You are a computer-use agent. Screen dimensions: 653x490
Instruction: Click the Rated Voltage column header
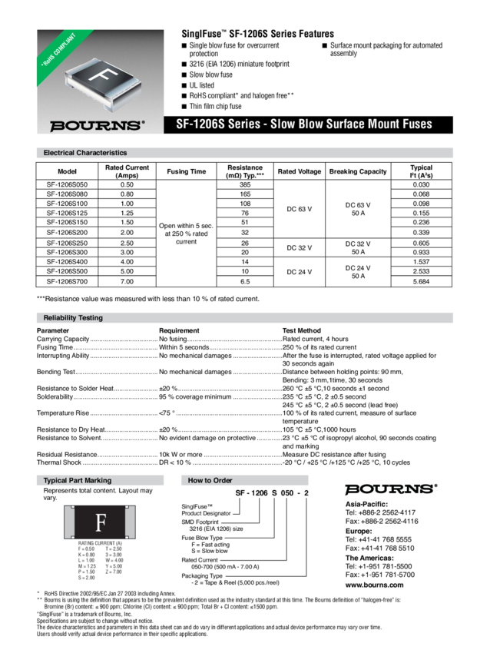point(300,171)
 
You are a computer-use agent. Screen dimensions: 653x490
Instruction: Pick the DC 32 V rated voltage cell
point(300,247)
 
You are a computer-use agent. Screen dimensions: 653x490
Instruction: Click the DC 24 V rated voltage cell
point(300,271)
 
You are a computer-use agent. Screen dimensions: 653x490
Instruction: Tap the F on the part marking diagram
point(100,524)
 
